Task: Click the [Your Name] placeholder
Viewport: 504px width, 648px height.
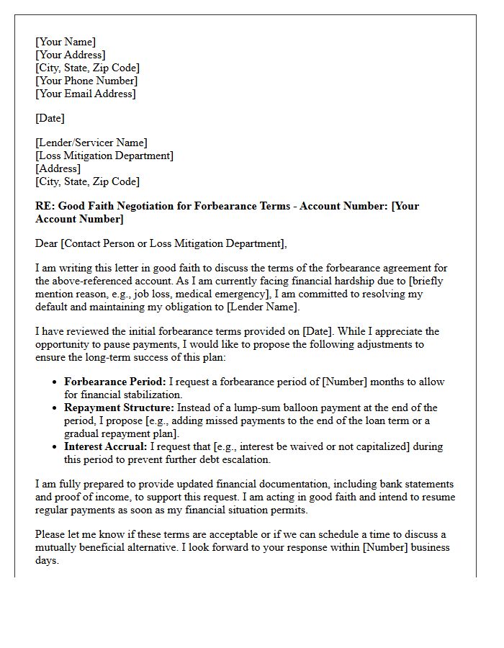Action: [x=66, y=42]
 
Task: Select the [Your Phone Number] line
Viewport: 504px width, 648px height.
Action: [x=86, y=81]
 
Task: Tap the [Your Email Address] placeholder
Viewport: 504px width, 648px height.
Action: [x=86, y=94]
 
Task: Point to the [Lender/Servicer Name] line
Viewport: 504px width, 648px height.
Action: [x=91, y=143]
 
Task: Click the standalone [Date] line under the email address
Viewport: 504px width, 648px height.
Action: [x=50, y=118]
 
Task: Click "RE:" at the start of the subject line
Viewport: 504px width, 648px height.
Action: [x=45, y=206]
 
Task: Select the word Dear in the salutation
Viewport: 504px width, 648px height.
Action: [x=47, y=243]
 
